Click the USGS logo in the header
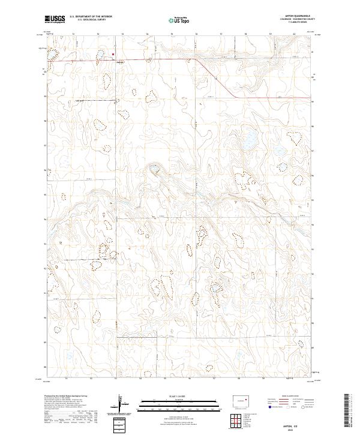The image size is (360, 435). pos(55,19)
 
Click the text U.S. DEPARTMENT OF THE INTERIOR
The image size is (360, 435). pos(91,17)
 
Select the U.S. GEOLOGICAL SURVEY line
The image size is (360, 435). pos(91,20)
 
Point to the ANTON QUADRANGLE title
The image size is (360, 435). pos(292,17)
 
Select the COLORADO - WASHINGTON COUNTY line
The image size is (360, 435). pos(292,20)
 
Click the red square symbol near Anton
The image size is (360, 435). pos(113,54)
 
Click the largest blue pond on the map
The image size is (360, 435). pos(248,145)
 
